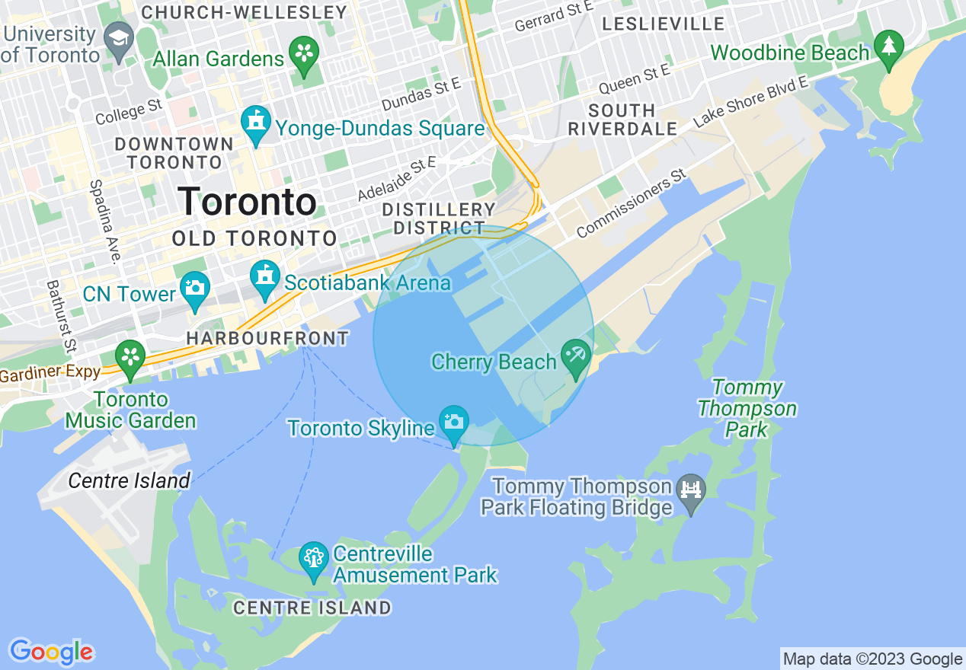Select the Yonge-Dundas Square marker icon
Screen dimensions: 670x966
point(256,124)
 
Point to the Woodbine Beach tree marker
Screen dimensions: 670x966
point(888,49)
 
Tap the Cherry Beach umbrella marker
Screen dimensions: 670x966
point(576,357)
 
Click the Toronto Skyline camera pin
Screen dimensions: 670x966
point(454,423)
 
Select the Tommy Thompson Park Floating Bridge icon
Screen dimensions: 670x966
point(691,492)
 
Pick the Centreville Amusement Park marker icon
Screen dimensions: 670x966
point(313,560)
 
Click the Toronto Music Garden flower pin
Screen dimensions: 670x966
point(130,359)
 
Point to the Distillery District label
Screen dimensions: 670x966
point(439,219)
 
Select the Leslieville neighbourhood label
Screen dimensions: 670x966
point(663,24)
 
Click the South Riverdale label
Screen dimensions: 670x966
point(622,120)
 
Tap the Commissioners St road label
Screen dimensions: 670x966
point(632,204)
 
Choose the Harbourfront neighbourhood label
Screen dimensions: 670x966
point(267,338)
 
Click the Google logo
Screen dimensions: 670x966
point(51,652)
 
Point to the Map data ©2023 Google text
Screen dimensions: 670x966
point(872,659)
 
